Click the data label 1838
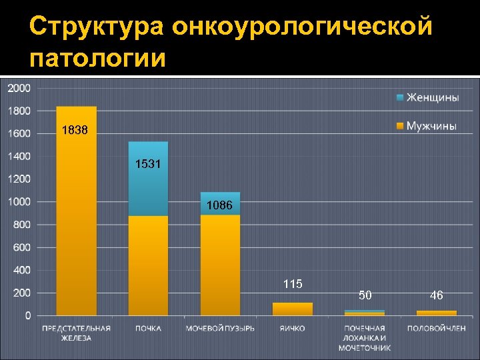75,131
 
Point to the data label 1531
147,163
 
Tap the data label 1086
219,206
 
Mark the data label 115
293,284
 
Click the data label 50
365,295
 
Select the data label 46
437,295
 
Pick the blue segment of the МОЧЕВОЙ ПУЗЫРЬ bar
220,197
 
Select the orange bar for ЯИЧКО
293,309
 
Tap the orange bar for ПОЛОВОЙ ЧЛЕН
437,313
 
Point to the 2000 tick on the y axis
19,88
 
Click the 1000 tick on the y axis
19,202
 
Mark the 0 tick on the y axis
27,316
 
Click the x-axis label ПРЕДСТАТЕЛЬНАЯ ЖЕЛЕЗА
76,333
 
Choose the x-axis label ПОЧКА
148,328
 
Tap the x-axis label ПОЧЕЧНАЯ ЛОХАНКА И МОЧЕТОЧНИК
365,337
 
